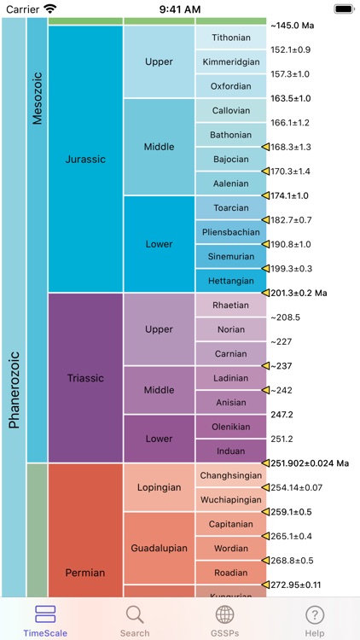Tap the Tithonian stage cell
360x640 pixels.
point(231,38)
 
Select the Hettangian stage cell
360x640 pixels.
point(231,281)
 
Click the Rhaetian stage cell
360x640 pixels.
point(231,305)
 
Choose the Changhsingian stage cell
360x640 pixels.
point(231,475)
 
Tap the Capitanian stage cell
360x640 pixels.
point(231,524)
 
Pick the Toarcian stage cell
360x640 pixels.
point(231,207)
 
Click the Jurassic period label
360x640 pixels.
point(85,159)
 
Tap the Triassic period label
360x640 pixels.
point(85,377)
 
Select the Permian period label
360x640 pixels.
point(85,572)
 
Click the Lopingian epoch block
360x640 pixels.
point(160,487)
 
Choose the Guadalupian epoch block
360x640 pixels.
point(160,548)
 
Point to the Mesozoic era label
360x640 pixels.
point(37,98)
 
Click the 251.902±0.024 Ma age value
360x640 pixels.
point(311,463)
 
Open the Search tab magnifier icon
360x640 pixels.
point(135,614)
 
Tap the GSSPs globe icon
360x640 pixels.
point(224,614)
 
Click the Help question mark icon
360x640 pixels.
point(315,614)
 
